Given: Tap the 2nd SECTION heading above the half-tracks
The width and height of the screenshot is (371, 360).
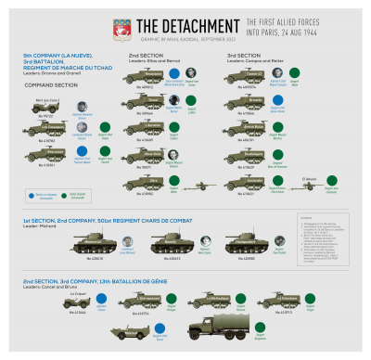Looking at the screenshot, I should point(141,56).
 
